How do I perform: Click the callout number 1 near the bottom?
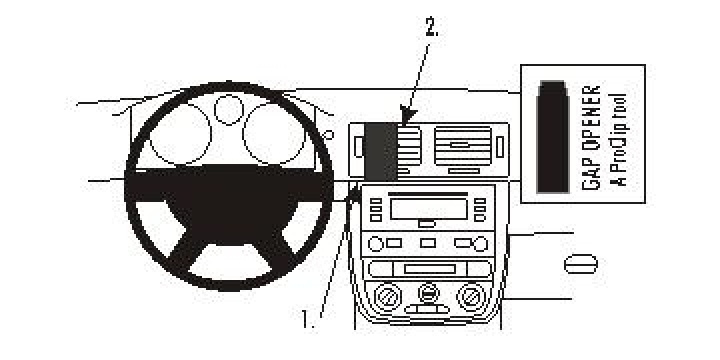pyautogui.click(x=308, y=321)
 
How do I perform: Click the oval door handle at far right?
pyautogui.click(x=582, y=263)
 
